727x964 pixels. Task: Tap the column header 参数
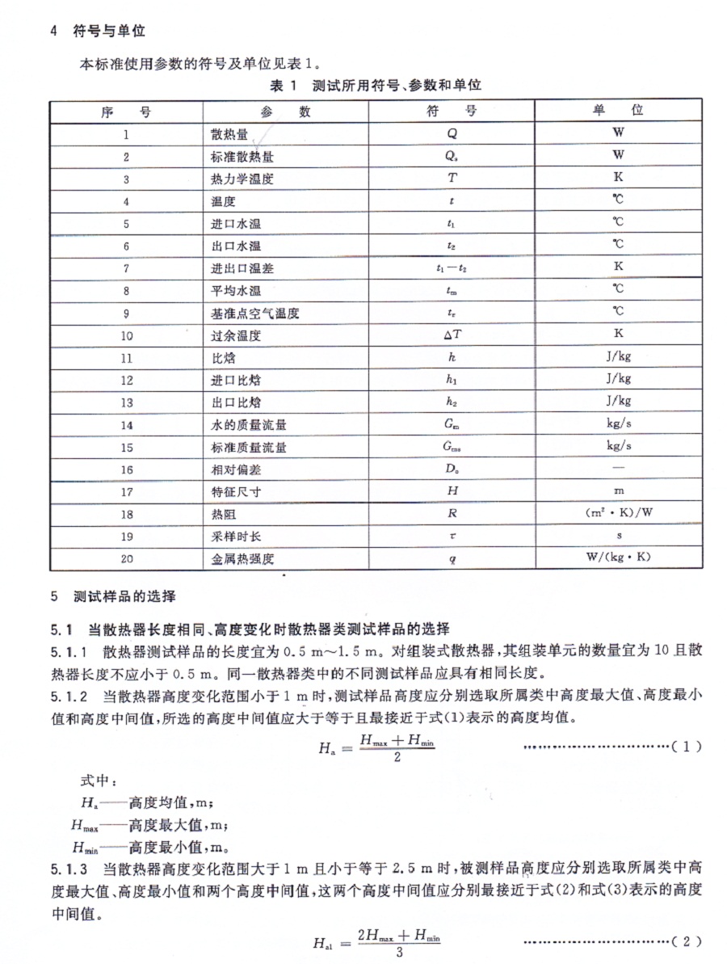[286, 112]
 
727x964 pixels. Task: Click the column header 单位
[618, 111]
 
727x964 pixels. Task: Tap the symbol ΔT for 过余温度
[452, 333]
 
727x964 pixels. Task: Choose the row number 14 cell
[126, 423]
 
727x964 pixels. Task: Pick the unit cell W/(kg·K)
[618, 558]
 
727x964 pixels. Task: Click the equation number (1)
[687, 747]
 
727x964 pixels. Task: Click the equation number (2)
[687, 942]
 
